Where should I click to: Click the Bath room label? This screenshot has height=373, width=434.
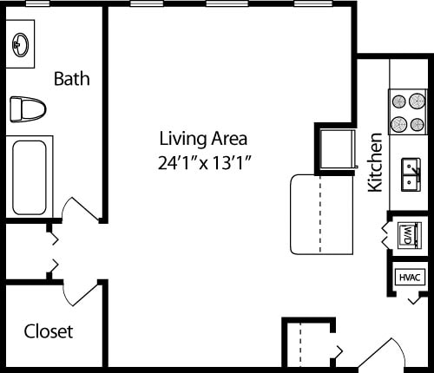72,79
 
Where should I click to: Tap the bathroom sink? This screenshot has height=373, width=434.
21,45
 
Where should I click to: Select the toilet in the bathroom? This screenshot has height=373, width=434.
26,109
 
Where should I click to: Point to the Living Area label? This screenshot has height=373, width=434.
203,138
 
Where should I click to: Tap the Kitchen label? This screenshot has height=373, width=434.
376,162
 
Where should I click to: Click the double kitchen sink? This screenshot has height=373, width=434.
411,173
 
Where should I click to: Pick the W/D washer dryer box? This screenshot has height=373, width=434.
409,234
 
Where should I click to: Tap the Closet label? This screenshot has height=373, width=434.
49,331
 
